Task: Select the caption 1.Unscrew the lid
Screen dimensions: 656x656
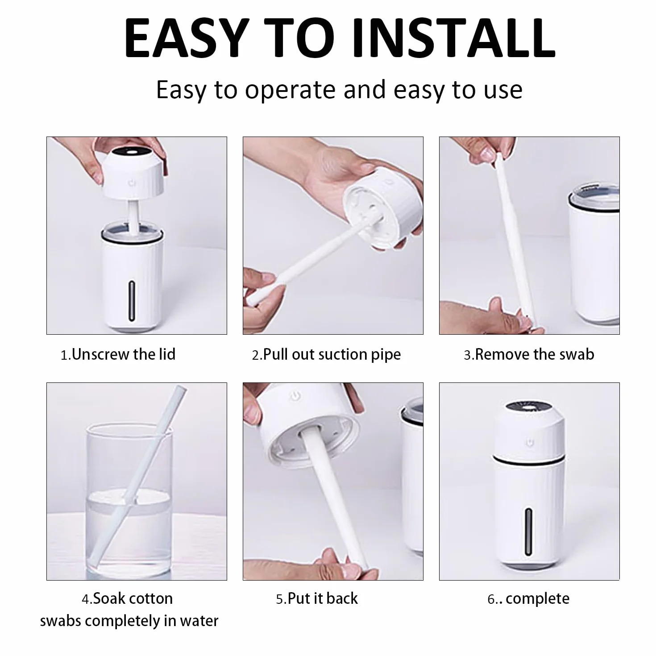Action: pos(118,354)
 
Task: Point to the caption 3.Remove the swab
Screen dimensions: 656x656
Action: pos(529,354)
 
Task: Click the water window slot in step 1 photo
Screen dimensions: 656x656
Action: pos(132,301)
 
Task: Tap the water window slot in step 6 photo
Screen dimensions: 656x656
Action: pos(528,532)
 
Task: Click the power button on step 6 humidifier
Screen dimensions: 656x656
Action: pos(529,443)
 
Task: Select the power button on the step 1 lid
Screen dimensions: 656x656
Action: pos(132,183)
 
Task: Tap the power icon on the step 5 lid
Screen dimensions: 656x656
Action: pos(295,395)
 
